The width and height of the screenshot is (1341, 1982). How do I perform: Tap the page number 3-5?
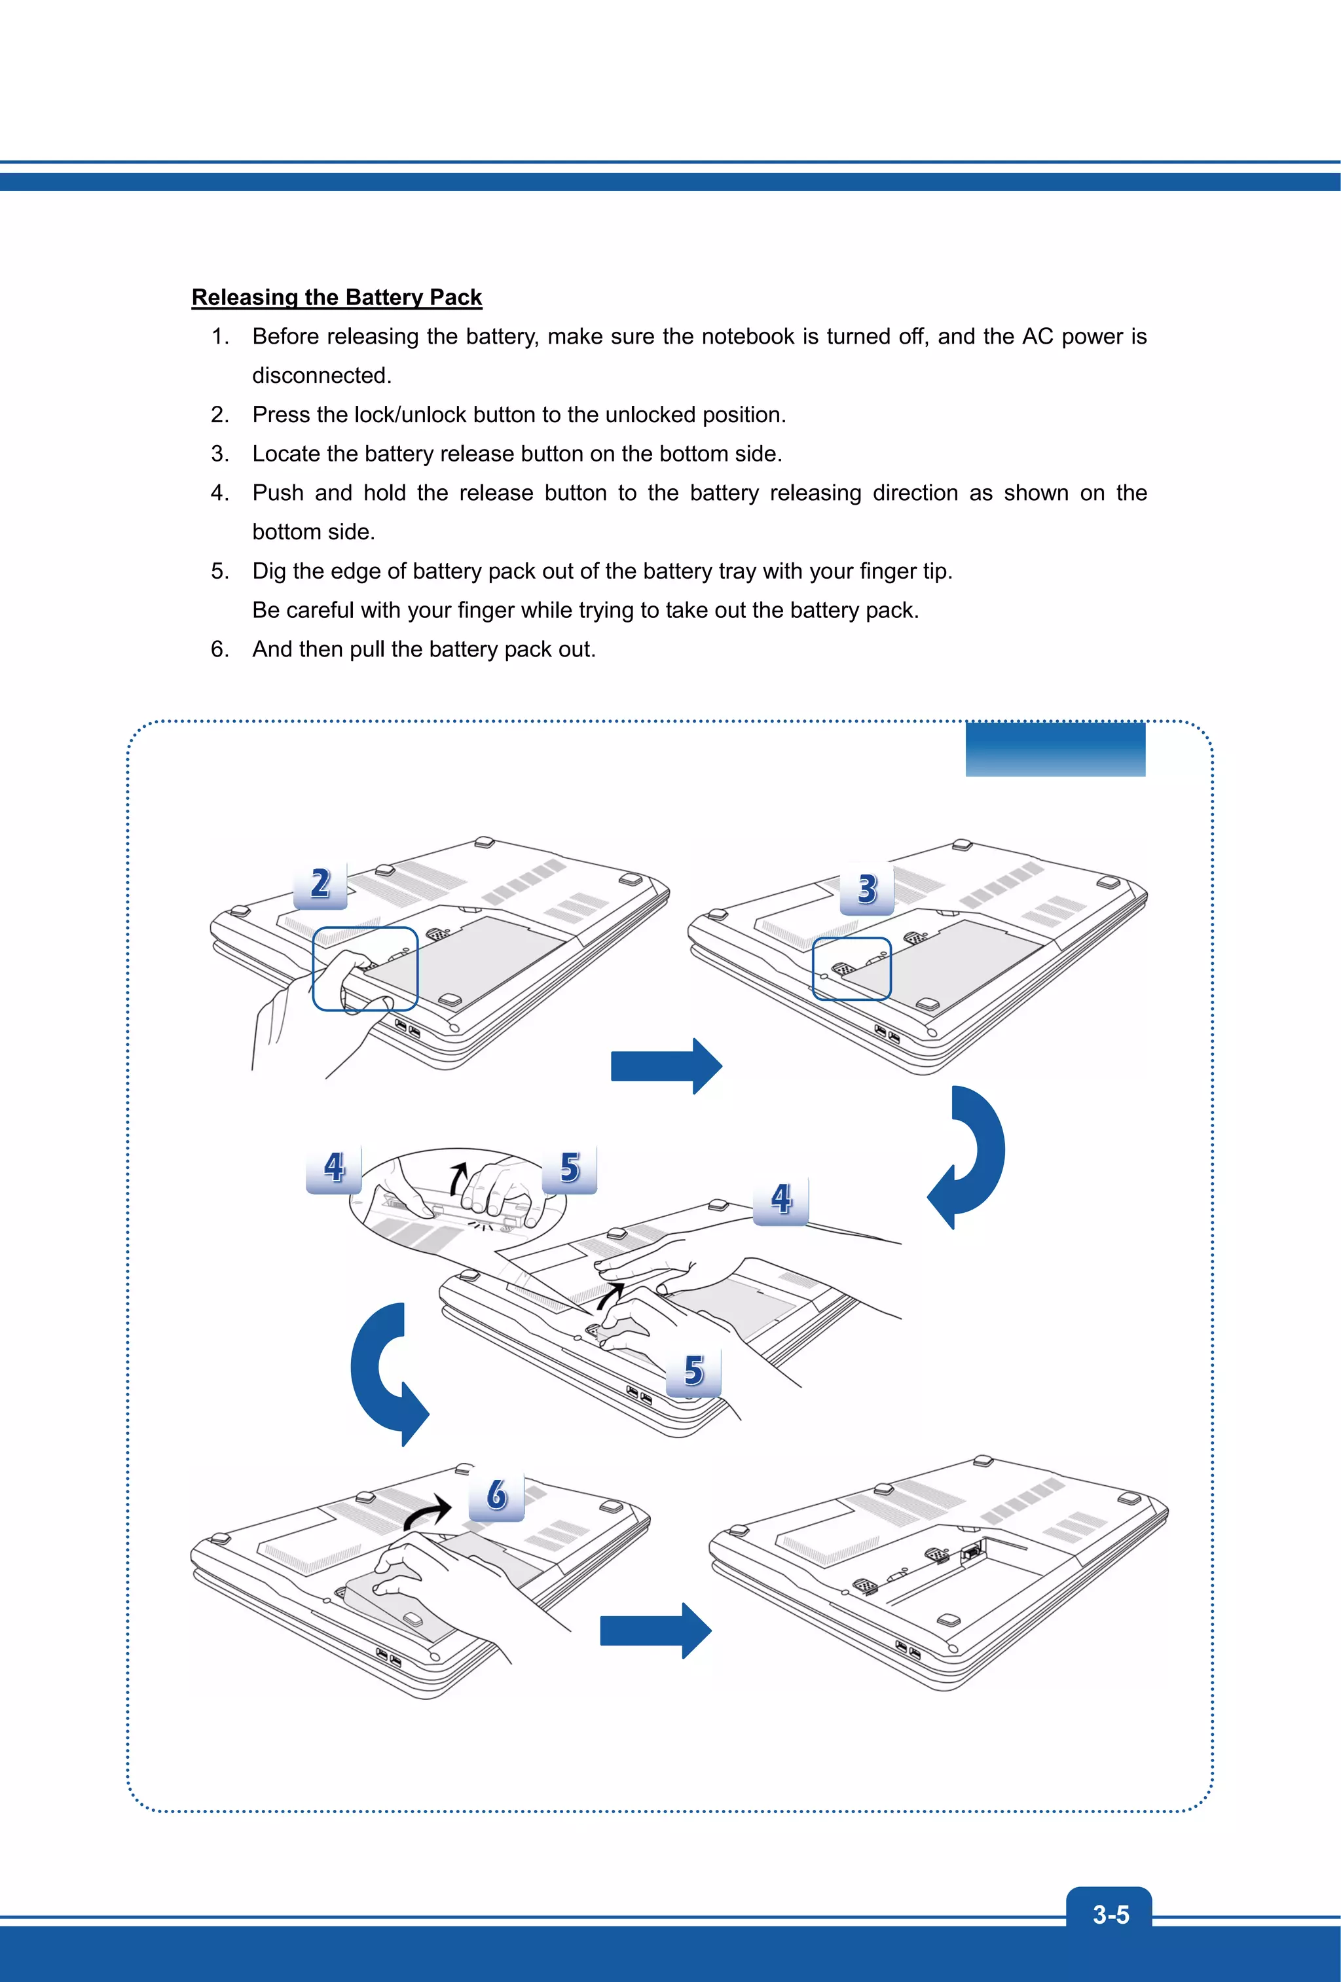(x=1110, y=1915)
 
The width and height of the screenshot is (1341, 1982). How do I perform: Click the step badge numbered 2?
(x=320, y=884)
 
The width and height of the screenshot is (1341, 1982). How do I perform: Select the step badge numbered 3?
(x=867, y=889)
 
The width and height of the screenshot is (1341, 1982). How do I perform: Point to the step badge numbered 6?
(x=496, y=1495)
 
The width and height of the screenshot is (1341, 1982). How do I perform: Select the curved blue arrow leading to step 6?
(x=384, y=1373)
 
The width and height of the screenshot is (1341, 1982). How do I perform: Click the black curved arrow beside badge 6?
(x=428, y=1512)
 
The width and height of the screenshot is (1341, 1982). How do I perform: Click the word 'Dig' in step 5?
(x=270, y=571)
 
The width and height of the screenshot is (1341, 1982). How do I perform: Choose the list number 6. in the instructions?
(x=220, y=649)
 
